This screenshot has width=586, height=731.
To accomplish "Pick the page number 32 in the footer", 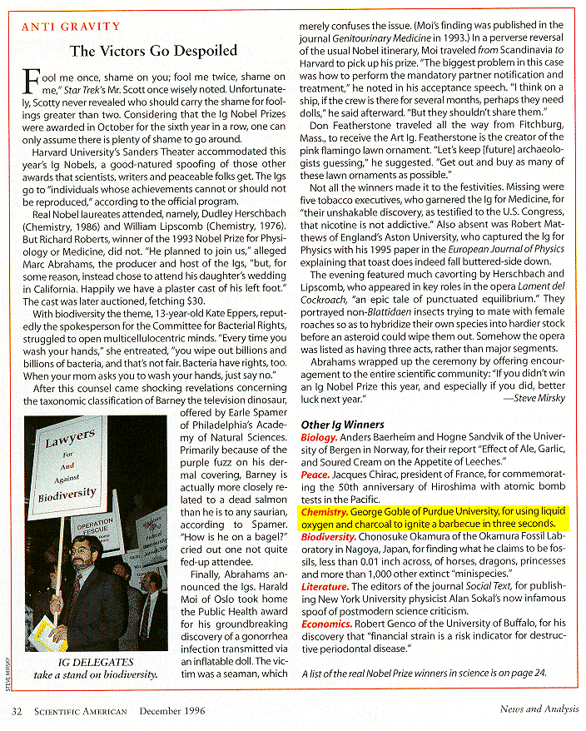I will point(17,710).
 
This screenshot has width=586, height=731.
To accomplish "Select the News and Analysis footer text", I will point(534,710).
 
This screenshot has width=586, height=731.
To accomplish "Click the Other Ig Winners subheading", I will point(342,425).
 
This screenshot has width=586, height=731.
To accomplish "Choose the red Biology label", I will point(319,437).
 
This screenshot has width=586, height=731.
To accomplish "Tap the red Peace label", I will point(315,475).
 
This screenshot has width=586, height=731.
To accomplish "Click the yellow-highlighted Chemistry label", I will point(324,512).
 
